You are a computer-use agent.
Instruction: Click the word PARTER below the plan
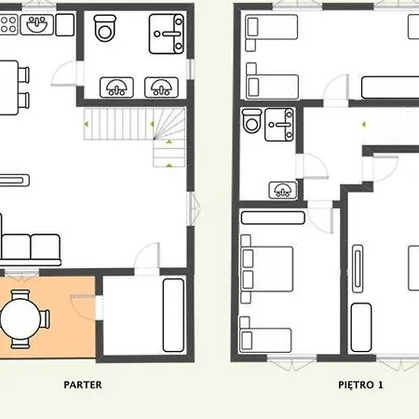coord(83,385)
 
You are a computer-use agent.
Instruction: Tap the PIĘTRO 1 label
coord(360,385)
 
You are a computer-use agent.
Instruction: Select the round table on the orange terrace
coord(20,318)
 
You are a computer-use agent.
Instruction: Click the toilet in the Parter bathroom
coord(105,28)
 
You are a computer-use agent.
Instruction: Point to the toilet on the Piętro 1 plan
coord(251,121)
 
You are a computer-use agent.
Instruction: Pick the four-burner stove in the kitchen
coord(8,24)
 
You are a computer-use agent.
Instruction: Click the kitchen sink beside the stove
coord(37,24)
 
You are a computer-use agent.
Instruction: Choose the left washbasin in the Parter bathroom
coord(116,88)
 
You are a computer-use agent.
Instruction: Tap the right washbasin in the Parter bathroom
coord(161,88)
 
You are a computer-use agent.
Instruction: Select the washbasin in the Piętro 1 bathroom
coord(282,190)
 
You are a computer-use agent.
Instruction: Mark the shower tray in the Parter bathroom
coord(167,34)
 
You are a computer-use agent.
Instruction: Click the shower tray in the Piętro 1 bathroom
coord(279,125)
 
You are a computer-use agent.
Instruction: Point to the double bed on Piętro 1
coord(267,269)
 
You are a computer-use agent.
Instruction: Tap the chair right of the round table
coord(45,319)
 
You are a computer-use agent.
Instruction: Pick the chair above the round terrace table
coord(20,294)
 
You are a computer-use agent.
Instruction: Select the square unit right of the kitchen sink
coord(65,24)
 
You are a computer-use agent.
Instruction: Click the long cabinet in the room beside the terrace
coord(173,315)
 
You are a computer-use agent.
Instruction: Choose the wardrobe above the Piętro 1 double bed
coord(273,218)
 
